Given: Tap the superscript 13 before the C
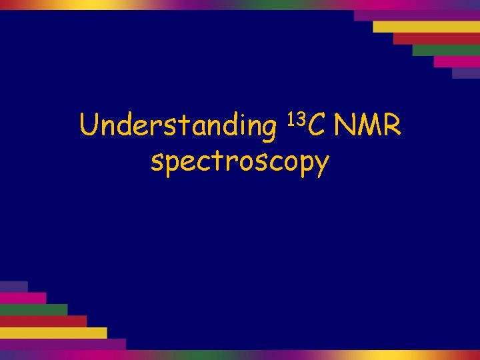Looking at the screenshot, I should pos(296,118).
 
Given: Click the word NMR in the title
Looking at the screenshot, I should pos(367,124).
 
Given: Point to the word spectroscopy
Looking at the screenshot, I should pos(240,161).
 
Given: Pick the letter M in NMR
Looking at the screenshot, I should pos(367,124).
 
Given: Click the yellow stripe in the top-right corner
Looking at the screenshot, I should pos(426,27).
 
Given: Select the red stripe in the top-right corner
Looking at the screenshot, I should pos(436,38).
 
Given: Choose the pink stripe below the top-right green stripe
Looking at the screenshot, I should pos(456,61).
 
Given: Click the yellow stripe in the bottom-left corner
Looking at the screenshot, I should pos(53,333).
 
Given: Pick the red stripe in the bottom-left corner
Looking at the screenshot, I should pos(43,321).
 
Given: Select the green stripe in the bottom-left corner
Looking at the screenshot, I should pos(33,309).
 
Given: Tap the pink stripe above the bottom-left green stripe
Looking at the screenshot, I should pos(23,298).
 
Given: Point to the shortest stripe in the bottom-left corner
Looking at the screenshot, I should pos(13,287).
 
